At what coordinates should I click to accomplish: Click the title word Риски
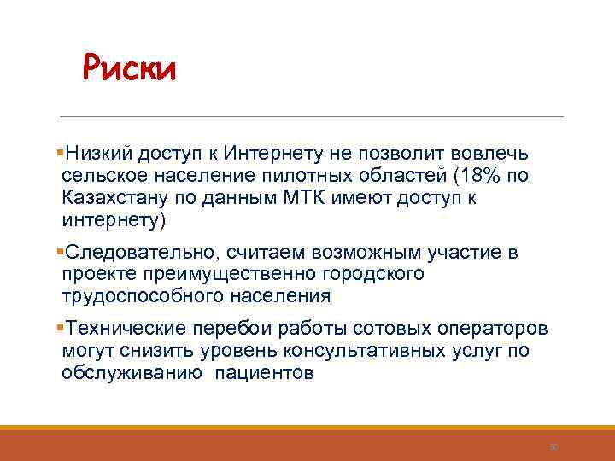click(129, 68)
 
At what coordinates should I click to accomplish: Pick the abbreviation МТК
click(324, 199)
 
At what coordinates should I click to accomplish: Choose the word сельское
click(102, 177)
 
